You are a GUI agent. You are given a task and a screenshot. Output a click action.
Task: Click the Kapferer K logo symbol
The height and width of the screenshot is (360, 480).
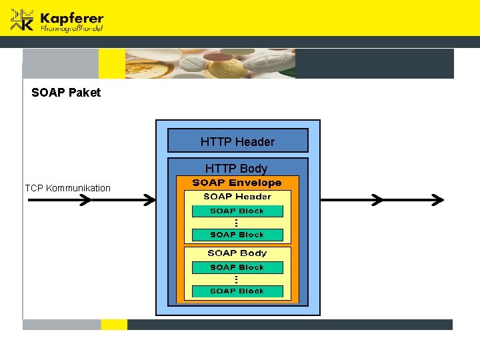pos(22,20)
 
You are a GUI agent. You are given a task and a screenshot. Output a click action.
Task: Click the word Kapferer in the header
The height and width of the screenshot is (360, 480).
pos(71,17)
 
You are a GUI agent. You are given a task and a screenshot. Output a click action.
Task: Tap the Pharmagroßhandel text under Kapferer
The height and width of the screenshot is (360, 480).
pos(71,29)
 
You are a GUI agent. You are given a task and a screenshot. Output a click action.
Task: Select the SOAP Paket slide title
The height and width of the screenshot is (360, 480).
pos(66,93)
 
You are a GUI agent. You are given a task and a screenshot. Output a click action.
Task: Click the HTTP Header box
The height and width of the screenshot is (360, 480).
pos(237,141)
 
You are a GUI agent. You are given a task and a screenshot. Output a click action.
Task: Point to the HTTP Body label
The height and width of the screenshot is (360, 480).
pos(236,169)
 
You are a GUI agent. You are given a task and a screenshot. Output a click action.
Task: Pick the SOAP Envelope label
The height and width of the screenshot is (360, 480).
pos(237,183)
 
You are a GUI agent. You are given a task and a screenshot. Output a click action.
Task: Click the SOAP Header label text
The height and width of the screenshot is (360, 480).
pos(237,197)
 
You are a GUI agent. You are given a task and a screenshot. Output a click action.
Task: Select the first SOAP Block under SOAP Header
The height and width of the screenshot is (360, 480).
pos(237,211)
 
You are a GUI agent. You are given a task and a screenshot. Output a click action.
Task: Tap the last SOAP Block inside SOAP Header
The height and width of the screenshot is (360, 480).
pos(237,235)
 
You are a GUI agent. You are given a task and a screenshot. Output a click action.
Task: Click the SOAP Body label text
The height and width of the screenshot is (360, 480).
pos(237,253)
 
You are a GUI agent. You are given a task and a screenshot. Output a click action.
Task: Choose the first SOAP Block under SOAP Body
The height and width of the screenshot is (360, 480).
pos(237,267)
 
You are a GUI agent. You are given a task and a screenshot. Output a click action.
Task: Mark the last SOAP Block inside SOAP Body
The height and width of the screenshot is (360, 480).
pos(237,291)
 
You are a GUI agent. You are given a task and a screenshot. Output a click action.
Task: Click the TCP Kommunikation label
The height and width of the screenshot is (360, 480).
pos(67,188)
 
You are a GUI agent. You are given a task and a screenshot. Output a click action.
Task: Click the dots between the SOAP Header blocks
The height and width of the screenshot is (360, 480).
pos(237,223)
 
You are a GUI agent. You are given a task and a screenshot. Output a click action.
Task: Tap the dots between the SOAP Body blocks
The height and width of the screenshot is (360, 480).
pos(237,279)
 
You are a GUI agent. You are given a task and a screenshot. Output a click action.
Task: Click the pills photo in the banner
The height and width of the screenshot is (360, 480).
pos(210,64)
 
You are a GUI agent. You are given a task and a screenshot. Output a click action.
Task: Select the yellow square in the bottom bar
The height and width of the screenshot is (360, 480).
pos(114,325)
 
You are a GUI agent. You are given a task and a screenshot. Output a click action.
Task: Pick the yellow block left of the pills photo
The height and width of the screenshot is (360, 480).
pos(111,64)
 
